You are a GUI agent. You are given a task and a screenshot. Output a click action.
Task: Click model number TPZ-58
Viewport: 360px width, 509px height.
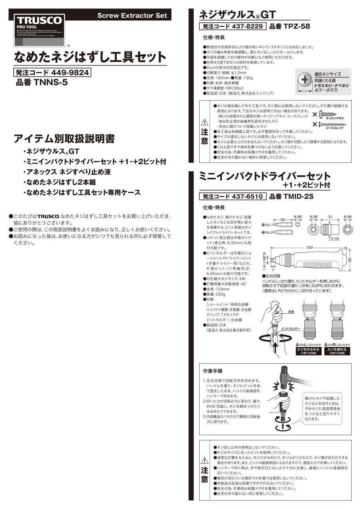(x=290, y=27)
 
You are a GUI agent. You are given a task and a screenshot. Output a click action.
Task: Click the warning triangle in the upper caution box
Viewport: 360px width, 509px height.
(x=204, y=122)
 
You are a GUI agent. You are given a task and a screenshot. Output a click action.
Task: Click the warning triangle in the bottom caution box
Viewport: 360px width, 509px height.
(x=204, y=460)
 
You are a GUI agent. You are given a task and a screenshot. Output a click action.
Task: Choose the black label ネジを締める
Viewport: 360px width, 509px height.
(x=337, y=349)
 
